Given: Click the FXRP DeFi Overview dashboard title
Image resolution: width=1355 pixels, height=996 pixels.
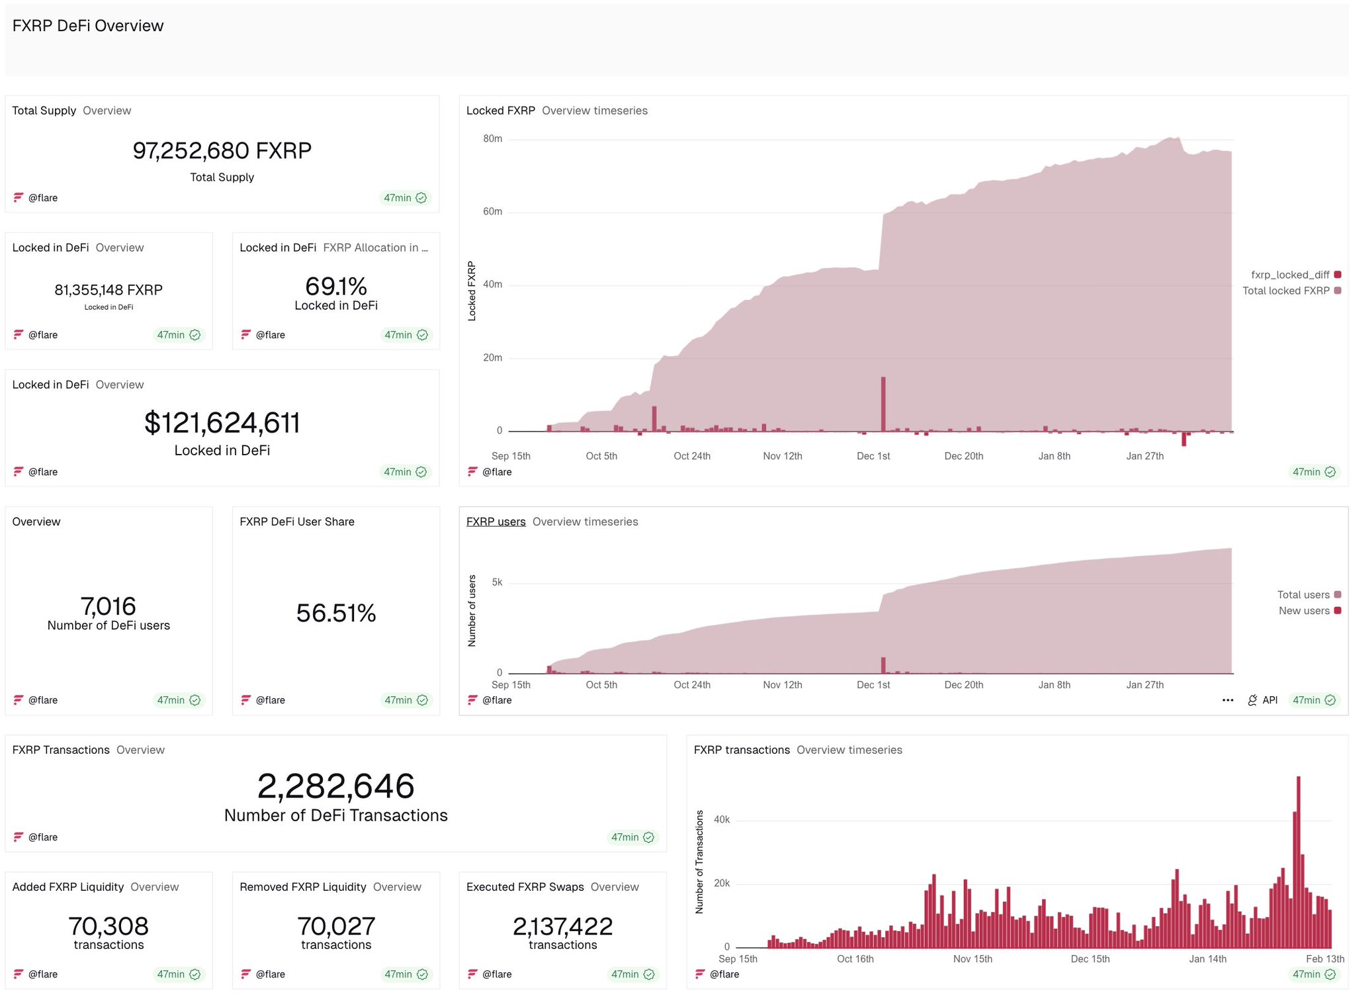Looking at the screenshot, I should click(87, 26).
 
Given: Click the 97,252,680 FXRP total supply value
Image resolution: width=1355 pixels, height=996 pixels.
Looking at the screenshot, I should click(222, 151).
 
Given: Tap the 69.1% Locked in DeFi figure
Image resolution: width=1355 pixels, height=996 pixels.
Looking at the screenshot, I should click(335, 287).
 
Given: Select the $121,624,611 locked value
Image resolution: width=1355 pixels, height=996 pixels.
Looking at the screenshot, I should click(222, 423).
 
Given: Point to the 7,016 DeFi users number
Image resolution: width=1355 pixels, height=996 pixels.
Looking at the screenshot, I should click(109, 606).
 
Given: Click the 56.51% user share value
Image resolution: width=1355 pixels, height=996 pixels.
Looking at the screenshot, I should click(335, 613).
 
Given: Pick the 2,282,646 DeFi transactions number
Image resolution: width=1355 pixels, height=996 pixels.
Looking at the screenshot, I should click(335, 786).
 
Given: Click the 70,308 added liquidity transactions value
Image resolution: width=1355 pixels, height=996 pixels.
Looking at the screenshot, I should click(109, 926).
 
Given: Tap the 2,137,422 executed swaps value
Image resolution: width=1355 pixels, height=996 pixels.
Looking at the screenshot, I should click(562, 926).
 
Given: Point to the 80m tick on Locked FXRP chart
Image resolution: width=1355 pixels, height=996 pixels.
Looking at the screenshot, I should click(492, 139).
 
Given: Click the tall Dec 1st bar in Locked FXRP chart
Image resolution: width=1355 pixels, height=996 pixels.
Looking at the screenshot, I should click(883, 404).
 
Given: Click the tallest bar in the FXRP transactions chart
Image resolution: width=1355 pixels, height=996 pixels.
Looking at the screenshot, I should click(1298, 860).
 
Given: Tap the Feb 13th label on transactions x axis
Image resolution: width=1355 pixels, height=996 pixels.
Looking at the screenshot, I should click(1325, 959).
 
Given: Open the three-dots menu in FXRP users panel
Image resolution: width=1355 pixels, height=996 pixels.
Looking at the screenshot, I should click(1227, 700).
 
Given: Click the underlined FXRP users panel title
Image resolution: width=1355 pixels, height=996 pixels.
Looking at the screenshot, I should click(496, 521).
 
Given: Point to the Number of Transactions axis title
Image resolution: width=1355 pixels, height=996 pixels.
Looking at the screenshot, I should click(699, 862).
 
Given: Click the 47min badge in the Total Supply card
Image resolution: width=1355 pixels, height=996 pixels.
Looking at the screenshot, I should click(405, 198).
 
